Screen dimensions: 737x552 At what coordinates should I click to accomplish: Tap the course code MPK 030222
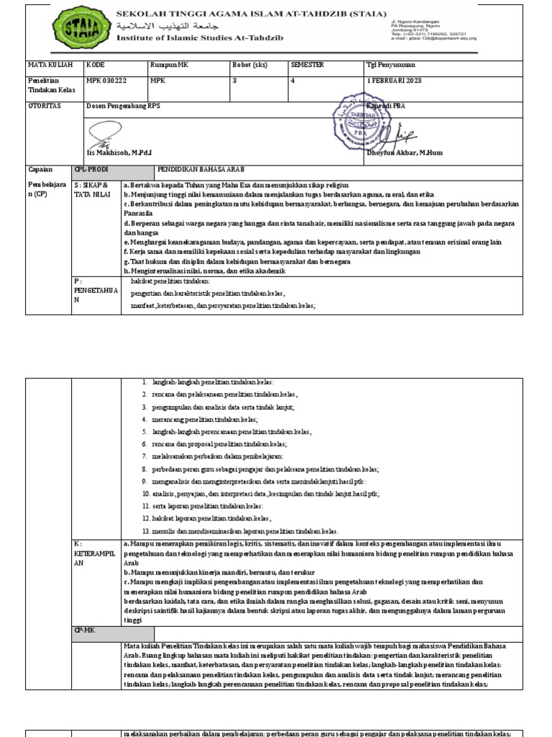pos(106,81)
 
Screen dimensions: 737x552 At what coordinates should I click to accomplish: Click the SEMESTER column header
pos(307,65)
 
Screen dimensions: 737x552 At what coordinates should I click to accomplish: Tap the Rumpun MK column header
pos(167,65)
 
